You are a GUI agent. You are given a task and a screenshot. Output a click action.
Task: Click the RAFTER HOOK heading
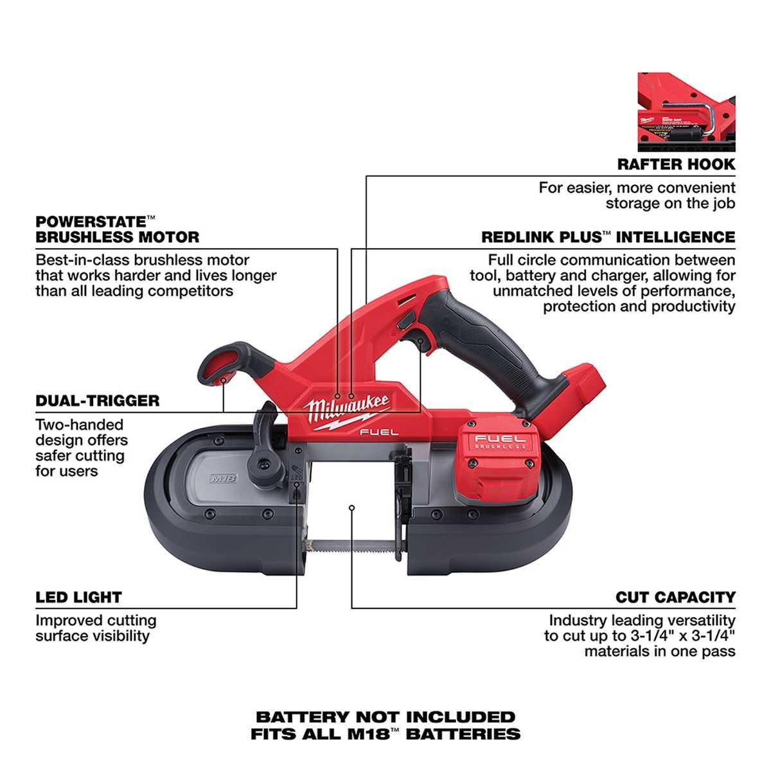pyautogui.click(x=676, y=164)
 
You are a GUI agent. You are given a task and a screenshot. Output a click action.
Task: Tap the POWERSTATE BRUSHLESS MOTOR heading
pyautogui.click(x=117, y=229)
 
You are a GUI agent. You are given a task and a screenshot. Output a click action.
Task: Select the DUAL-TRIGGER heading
pyautogui.click(x=97, y=400)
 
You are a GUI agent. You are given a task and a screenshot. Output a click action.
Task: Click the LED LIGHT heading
pyautogui.click(x=78, y=597)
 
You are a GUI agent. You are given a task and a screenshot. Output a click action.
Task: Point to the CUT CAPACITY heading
pyautogui.click(x=675, y=597)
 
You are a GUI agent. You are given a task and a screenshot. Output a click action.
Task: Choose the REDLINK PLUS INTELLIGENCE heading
pyautogui.click(x=608, y=237)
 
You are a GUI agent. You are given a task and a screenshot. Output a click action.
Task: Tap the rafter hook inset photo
pyautogui.click(x=686, y=107)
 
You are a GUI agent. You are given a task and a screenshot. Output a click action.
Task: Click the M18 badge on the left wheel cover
pyautogui.click(x=220, y=479)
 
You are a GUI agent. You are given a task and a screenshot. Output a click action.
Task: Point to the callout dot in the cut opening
pyautogui.click(x=352, y=508)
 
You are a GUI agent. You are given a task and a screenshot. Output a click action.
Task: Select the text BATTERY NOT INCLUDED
pyautogui.click(x=385, y=717)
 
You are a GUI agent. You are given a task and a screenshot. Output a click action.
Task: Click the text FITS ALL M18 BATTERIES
pyautogui.click(x=385, y=733)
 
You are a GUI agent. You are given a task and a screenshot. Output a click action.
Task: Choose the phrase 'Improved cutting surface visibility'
pyautogui.click(x=96, y=628)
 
